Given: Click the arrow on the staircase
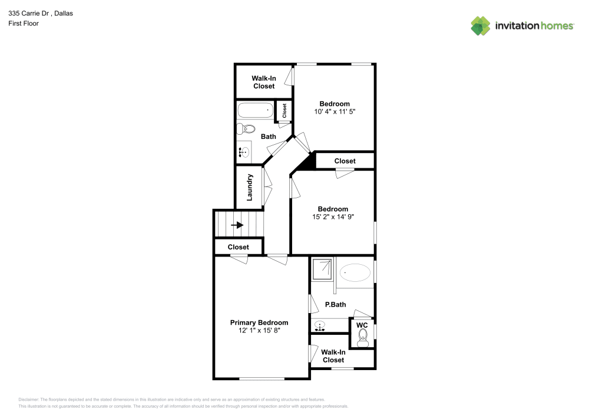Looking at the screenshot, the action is [x=237, y=225].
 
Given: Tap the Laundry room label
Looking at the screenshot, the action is [x=249, y=187].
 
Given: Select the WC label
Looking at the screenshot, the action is [x=362, y=325].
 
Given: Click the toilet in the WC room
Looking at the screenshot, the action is [x=362, y=338].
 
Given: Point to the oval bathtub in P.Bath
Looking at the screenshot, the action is [x=355, y=272].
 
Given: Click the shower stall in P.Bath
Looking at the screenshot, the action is [x=322, y=268].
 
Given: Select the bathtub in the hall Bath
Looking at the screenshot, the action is [x=256, y=110].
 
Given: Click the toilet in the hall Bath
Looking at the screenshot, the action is [x=246, y=129].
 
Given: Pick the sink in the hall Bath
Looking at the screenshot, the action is [x=244, y=152].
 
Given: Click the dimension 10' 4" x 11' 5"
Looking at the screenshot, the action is [x=335, y=111].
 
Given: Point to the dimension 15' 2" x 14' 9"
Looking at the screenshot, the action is [x=333, y=217].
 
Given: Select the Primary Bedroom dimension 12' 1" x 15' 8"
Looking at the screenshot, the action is [x=259, y=331].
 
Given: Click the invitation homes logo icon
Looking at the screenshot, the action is [x=481, y=26].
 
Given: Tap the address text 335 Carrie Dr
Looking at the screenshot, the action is [x=29, y=13].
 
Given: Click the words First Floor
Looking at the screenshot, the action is [x=24, y=24].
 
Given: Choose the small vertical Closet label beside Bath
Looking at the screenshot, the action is [x=284, y=111].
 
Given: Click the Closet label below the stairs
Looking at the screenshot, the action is [x=238, y=247].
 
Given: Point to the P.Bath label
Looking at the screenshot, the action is [x=336, y=305].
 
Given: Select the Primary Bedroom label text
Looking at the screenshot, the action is [x=259, y=322].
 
